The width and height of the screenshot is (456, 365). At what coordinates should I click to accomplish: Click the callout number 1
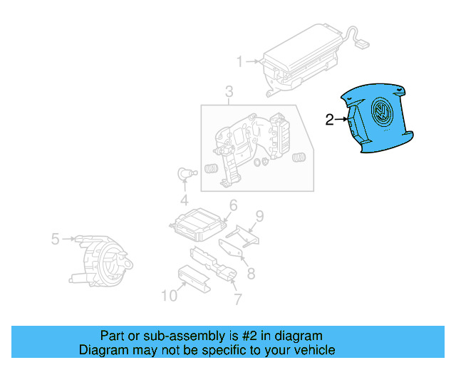coord(240,61)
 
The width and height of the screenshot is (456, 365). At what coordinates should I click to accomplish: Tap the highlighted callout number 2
coord(329,120)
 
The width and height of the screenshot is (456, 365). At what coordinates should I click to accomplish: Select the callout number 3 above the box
coord(229,92)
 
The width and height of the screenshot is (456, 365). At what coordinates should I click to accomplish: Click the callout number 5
coord(55,239)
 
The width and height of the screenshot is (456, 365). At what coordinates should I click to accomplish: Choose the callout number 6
coord(232,206)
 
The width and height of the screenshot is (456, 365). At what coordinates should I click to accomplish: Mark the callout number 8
coord(251,273)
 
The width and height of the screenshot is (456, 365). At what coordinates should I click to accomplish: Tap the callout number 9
coord(259,216)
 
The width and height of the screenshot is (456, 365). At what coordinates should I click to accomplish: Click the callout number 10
coord(169,295)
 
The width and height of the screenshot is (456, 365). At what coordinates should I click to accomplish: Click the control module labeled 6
coord(196,225)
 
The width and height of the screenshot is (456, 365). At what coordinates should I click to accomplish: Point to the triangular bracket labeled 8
coord(229,250)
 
